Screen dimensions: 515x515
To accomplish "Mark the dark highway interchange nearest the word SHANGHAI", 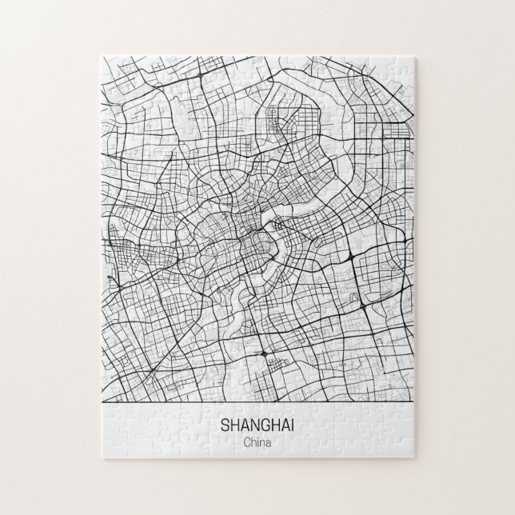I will (x=263, y=353).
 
